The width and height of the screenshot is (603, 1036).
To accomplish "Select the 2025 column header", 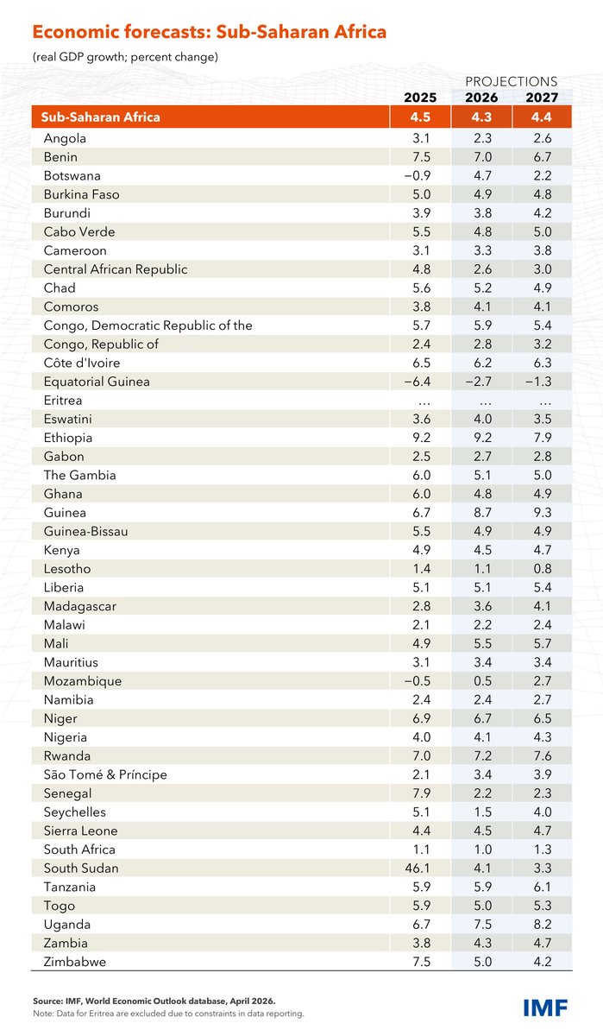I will [x=421, y=98].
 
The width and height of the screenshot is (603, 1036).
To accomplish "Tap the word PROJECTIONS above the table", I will [x=512, y=81].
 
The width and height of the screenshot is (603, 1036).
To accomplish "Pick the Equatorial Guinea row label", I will [x=97, y=382].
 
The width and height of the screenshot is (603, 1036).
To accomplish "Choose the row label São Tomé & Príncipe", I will [x=105, y=774].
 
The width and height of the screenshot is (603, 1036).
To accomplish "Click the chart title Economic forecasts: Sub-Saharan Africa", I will [x=209, y=33].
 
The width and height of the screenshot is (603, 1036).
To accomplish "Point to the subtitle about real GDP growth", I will [x=125, y=57].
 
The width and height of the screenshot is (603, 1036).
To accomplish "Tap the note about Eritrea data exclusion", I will [x=168, y=1013].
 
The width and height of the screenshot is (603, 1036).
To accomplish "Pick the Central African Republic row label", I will [x=115, y=269].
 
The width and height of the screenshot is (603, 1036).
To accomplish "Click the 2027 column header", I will [x=542, y=98].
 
